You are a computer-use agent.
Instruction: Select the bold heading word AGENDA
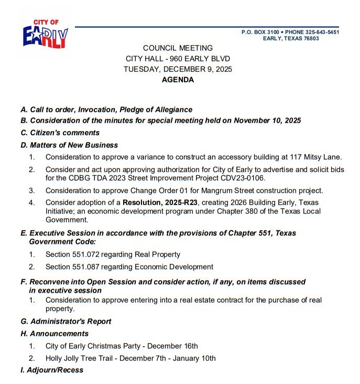178,80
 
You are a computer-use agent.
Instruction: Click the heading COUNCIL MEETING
178,48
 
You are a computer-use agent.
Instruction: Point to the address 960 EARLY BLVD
201,58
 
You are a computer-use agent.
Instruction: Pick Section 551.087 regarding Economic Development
129,266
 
